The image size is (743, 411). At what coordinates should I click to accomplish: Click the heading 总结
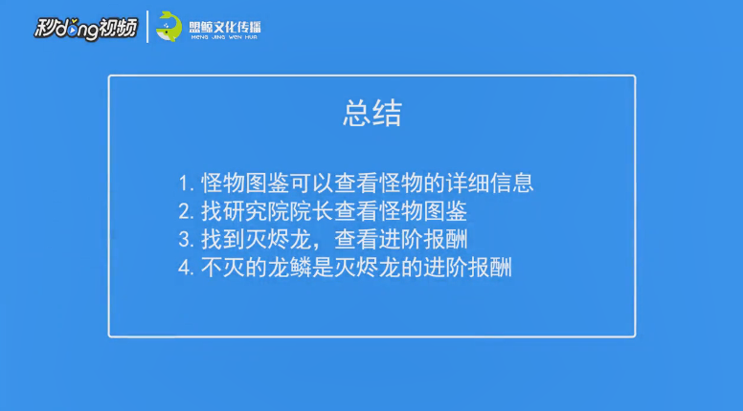click(371, 114)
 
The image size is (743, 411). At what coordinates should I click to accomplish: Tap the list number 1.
click(185, 184)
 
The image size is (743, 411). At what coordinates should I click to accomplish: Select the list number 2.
click(186, 212)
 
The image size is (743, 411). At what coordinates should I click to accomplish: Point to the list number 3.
click(186, 240)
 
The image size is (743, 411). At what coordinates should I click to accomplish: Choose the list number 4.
click(186, 269)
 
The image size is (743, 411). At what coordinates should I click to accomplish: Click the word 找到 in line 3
click(223, 239)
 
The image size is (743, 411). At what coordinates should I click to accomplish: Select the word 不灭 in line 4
click(223, 268)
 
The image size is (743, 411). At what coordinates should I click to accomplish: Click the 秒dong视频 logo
click(86, 29)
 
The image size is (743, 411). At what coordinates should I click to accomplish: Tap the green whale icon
click(169, 27)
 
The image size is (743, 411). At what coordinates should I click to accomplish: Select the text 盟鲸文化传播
click(225, 27)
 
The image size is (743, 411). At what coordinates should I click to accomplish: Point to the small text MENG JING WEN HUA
click(224, 37)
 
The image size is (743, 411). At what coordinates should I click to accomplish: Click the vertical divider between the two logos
click(147, 27)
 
